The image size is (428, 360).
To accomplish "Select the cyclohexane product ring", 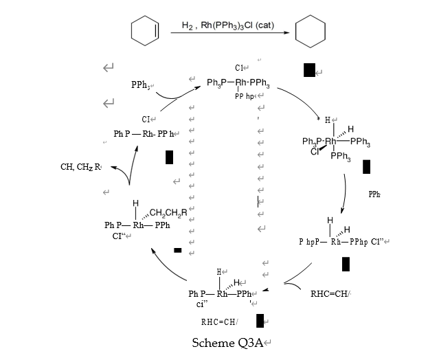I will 310,32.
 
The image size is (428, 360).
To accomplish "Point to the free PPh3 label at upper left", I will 142,85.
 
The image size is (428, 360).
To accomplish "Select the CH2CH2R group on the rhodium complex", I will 168,212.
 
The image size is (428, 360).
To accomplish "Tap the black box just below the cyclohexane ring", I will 309,69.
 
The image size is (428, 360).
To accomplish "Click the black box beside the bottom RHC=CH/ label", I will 260,321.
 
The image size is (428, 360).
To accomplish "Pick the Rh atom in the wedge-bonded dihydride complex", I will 330,142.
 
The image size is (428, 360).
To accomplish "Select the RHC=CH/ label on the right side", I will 330,294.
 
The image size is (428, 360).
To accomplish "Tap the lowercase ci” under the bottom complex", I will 201,304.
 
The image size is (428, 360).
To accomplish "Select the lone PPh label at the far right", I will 374,194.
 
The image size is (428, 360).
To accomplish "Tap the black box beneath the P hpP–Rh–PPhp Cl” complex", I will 346,264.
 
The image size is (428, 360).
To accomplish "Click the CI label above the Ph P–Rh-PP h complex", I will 146,120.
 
